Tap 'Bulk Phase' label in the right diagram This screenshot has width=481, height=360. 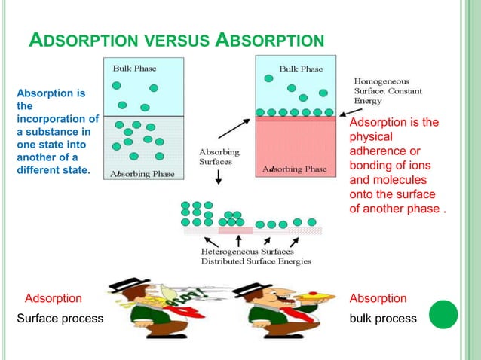click(301, 69)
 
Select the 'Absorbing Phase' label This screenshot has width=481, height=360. click(142, 173)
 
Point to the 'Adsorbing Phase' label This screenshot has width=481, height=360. click(295, 169)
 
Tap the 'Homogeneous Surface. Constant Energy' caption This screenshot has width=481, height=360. click(388, 91)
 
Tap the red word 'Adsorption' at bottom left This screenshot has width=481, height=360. click(54, 298)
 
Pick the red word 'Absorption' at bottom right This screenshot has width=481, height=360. click(378, 298)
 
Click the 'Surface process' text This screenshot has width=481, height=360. click(60, 319)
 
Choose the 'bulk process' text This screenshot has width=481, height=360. click(383, 319)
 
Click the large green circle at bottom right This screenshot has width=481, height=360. click(443, 315)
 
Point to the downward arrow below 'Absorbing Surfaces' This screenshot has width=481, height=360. click(219, 177)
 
